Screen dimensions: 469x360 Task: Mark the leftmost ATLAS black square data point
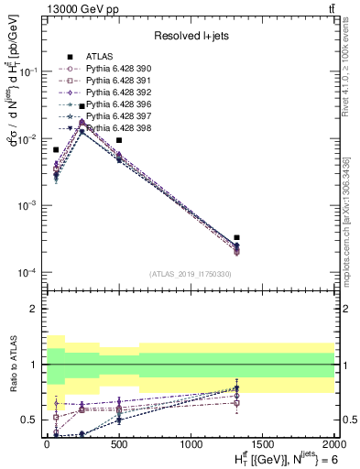point(56,149)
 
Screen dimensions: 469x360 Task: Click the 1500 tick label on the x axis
point(264,444)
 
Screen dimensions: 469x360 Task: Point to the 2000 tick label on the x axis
point(333,444)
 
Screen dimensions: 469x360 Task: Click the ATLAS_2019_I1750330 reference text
point(191,274)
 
